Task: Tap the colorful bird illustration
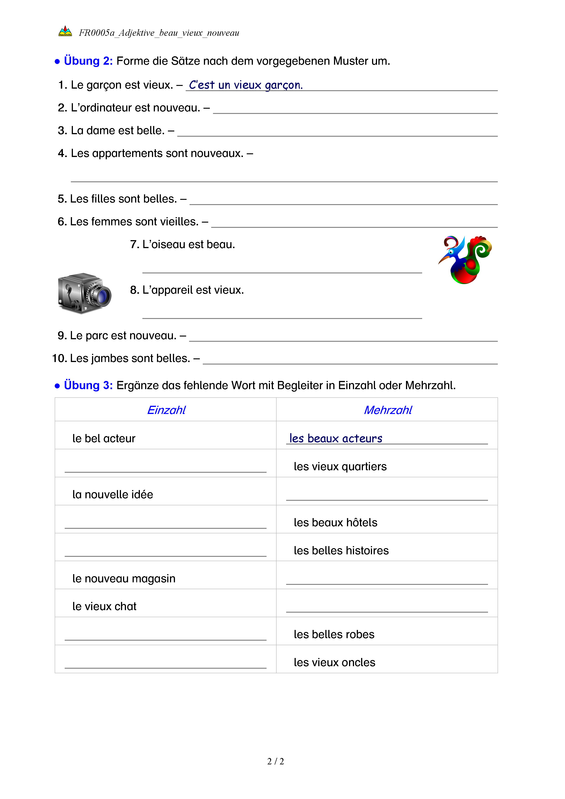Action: [x=465, y=259]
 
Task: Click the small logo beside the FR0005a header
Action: [x=65, y=32]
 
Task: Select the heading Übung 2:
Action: [x=88, y=61]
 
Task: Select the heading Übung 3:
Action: [x=88, y=385]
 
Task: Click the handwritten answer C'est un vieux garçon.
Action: [x=246, y=85]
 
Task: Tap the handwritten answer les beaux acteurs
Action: [x=336, y=439]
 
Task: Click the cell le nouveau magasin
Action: [x=124, y=578]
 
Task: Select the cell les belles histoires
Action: [x=341, y=550]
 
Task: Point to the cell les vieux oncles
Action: [x=334, y=662]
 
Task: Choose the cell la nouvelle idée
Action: [x=113, y=494]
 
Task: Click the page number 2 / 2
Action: [x=275, y=761]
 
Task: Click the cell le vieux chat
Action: [x=104, y=606]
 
